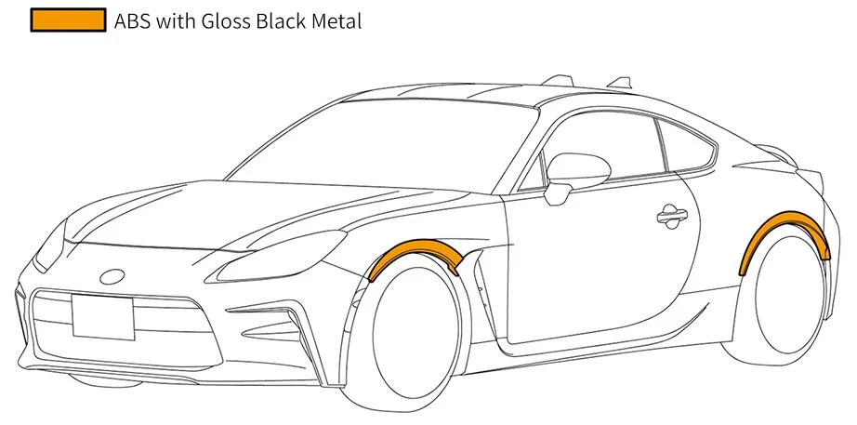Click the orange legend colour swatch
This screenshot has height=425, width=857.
[69, 20]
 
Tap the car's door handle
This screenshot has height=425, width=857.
[672, 216]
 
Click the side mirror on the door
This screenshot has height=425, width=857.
[575, 175]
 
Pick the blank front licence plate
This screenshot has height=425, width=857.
[103, 317]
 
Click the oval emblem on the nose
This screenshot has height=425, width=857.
[112, 277]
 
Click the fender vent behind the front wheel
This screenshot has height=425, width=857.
[484, 290]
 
